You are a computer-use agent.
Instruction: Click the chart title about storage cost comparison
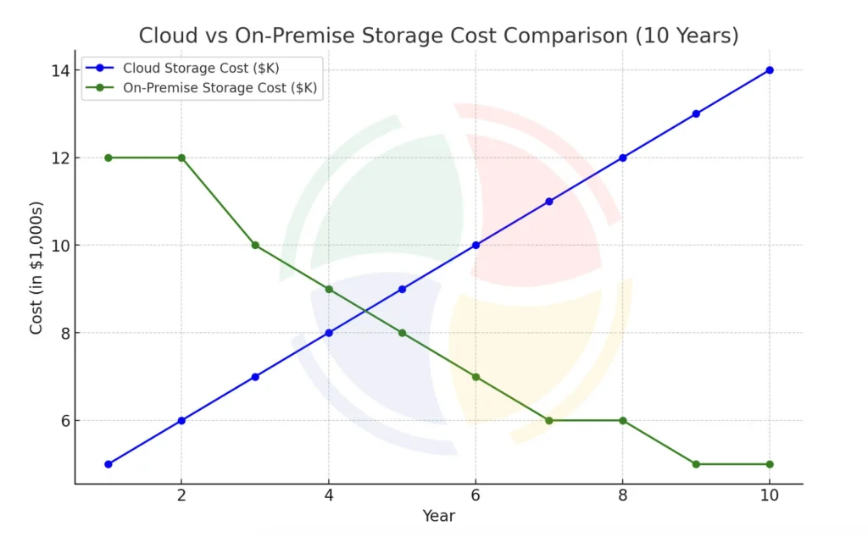pyautogui.click(x=438, y=36)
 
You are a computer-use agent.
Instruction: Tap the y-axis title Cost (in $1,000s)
pyautogui.click(x=36, y=268)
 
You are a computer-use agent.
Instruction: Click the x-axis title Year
pyautogui.click(x=438, y=516)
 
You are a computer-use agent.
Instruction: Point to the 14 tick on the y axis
pyautogui.click(x=58, y=70)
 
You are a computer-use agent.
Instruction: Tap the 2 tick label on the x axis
pyautogui.click(x=181, y=495)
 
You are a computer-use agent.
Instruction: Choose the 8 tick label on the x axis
pyautogui.click(x=622, y=495)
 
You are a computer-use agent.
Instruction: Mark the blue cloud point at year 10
pyautogui.click(x=769, y=70)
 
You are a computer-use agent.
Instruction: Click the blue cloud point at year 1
pyautogui.click(x=108, y=464)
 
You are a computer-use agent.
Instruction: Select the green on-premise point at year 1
pyautogui.click(x=108, y=158)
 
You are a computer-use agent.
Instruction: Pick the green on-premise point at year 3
pyautogui.click(x=255, y=246)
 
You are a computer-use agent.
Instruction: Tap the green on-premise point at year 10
pyautogui.click(x=769, y=464)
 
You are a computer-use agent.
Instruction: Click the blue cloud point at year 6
pyautogui.click(x=476, y=246)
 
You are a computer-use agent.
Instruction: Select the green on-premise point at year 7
pyautogui.click(x=548, y=421)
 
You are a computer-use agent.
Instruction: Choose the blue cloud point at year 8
pyautogui.click(x=622, y=158)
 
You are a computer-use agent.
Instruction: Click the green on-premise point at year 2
pyautogui.click(x=181, y=158)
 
